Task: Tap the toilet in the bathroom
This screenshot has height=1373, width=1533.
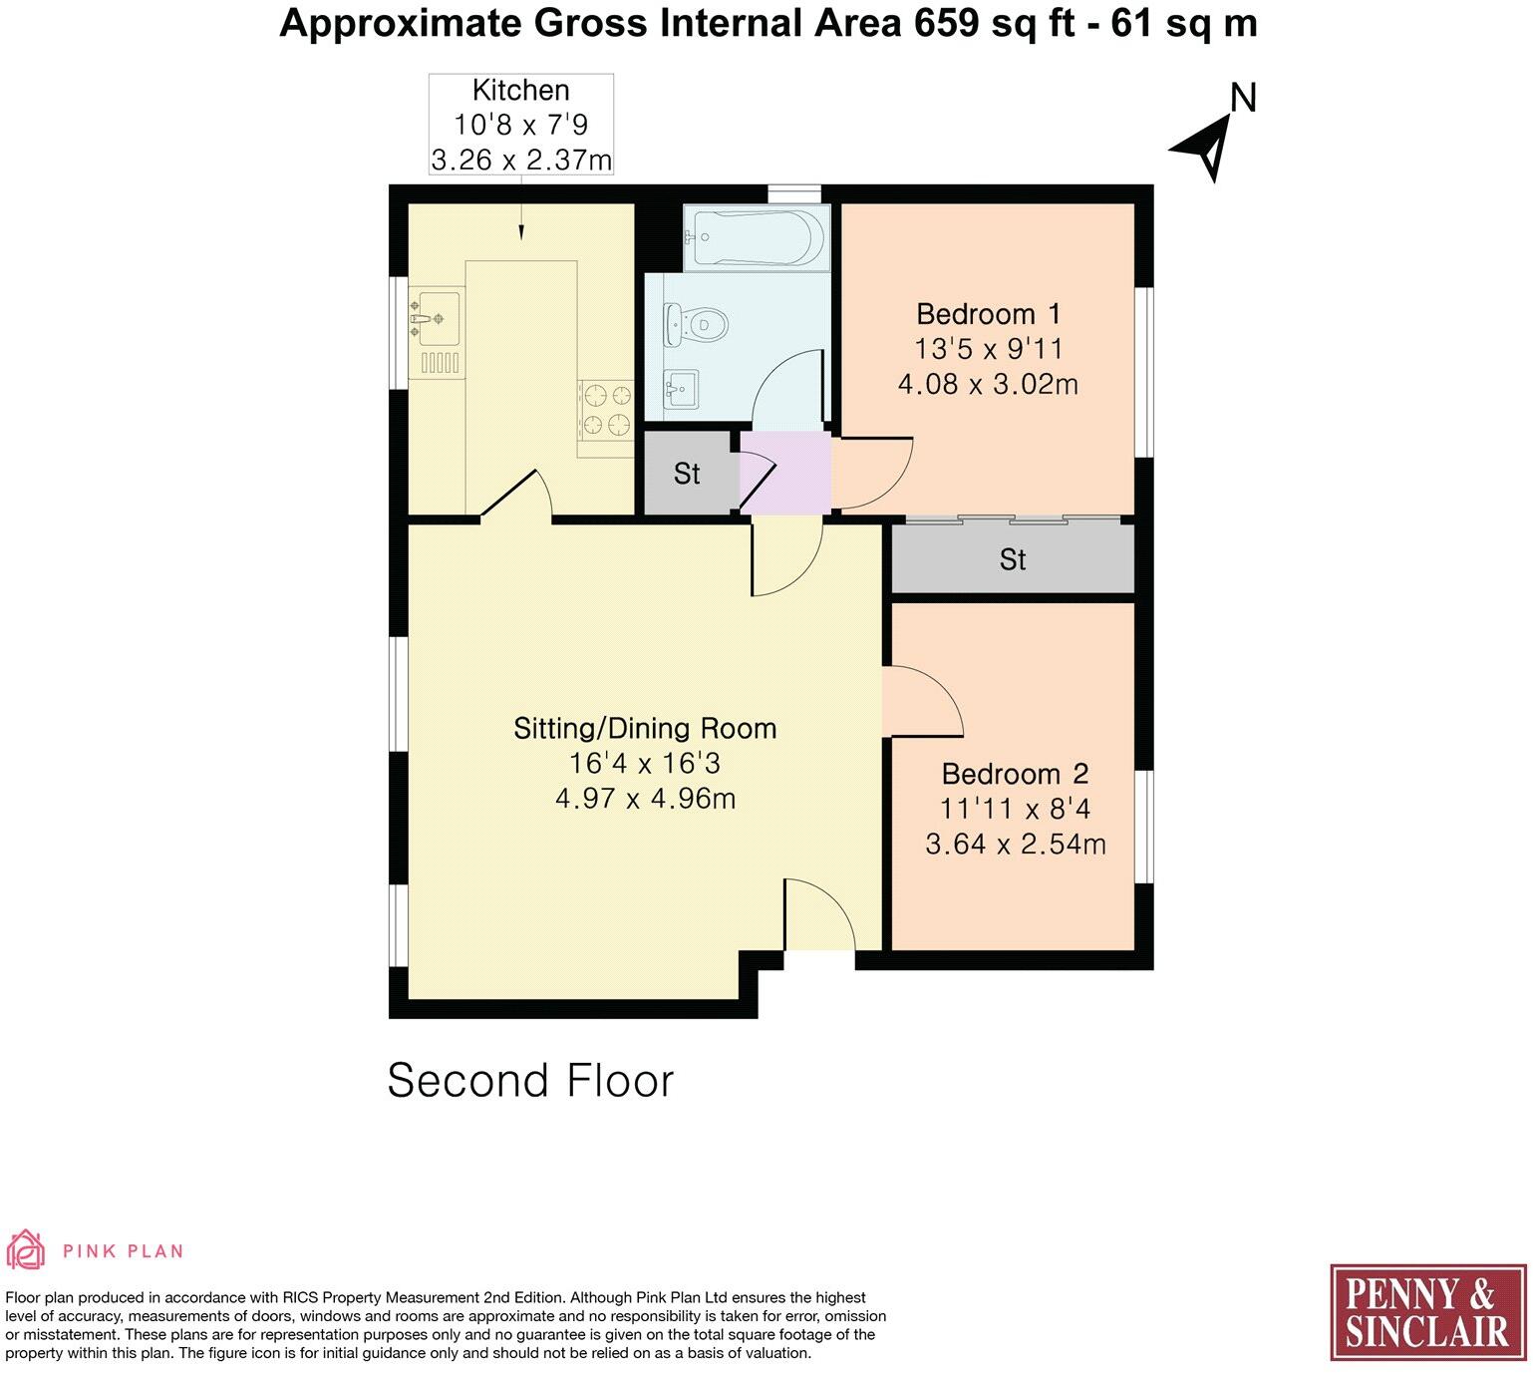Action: coord(698,324)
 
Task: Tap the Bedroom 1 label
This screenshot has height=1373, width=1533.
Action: coord(988,314)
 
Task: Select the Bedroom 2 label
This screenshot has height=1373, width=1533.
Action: coord(1015,774)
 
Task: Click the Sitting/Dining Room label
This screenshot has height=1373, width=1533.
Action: coord(645,728)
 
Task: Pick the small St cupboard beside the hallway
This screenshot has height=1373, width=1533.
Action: coord(687,473)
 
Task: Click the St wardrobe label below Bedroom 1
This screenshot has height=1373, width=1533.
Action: coord(1012,559)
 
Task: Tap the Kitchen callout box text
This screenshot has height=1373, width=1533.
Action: coord(520,125)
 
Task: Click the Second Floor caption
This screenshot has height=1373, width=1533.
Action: coord(530,1080)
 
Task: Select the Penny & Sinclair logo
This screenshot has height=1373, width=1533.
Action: coord(1427,1312)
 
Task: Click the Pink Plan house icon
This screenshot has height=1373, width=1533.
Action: coord(27,1249)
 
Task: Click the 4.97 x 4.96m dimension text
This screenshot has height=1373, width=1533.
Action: coord(645,799)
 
